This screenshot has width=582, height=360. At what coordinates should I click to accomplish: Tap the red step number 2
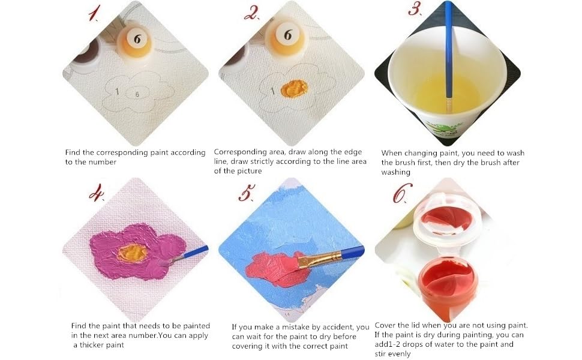click(250, 13)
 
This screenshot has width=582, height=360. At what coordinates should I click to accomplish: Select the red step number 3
click(415, 10)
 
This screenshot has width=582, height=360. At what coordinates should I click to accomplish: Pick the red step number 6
click(403, 194)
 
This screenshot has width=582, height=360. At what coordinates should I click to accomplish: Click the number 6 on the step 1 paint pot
click(137, 40)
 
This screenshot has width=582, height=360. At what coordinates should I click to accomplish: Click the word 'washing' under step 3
click(396, 172)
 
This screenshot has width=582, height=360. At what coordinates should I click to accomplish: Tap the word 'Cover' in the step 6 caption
click(386, 325)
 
